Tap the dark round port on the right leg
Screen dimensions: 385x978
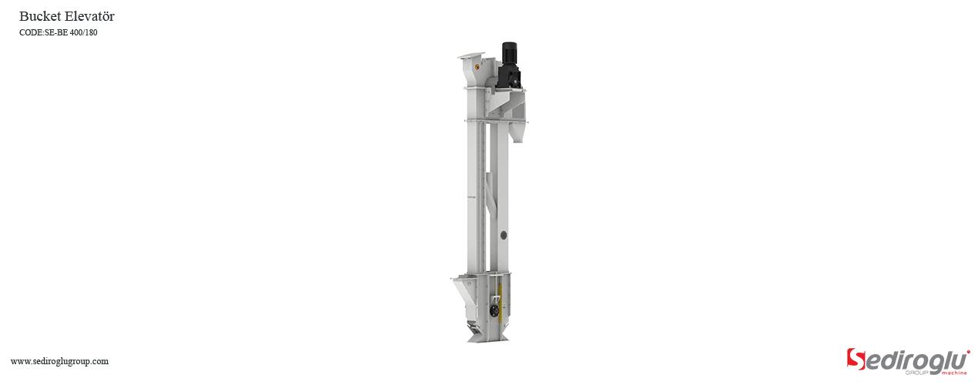504,235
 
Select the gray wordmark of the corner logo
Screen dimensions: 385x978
916,358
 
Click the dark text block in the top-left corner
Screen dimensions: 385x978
66,22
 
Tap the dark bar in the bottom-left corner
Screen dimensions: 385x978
59,363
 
